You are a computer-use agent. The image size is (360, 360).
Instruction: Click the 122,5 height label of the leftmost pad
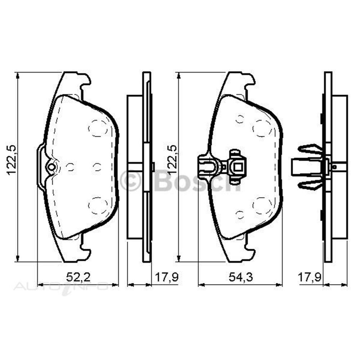pyautogui.click(x=12, y=160)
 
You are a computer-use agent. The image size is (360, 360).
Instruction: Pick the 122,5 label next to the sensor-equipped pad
pyautogui.click(x=172, y=160)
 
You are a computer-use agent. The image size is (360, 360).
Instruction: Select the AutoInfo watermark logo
pyautogui.click(x=61, y=287)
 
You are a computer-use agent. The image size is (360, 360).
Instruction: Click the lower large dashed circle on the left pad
pyautogui.click(x=97, y=204)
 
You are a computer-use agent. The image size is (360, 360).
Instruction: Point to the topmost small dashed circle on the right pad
pyautogui.click(x=240, y=118)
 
